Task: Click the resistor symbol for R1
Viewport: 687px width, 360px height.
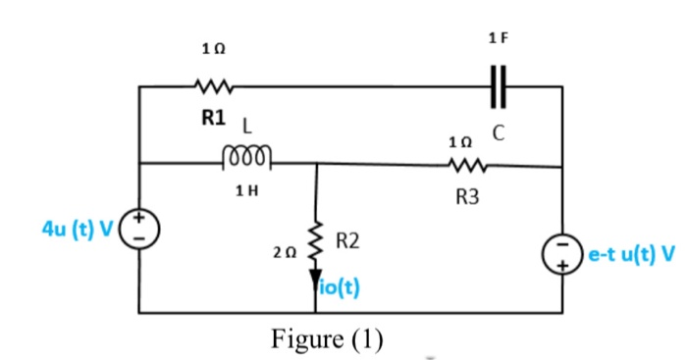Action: pos(212,85)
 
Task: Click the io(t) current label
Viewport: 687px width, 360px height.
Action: pos(340,288)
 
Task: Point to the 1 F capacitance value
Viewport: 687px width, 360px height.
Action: pos(498,38)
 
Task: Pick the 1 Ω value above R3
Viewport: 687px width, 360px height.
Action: pos(459,142)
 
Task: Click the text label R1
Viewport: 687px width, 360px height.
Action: pos(213,118)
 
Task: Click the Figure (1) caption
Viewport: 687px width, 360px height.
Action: pos(327,338)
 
